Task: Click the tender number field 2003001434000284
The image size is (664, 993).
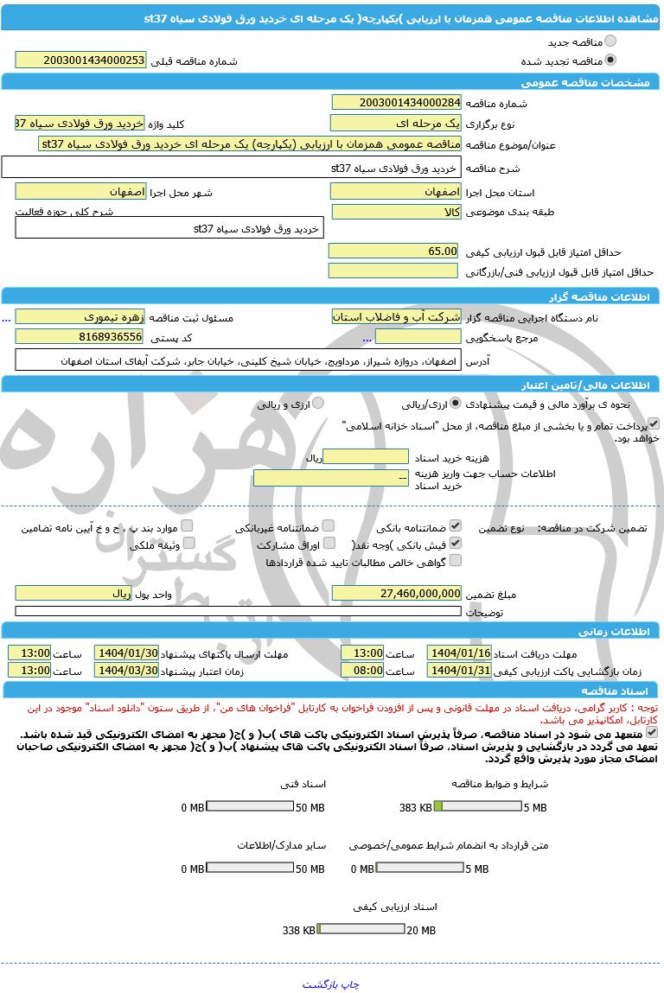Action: (397, 103)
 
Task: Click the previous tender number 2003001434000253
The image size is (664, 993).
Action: (80, 60)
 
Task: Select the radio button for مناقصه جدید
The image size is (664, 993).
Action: (611, 41)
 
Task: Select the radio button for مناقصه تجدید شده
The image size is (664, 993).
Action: (611, 60)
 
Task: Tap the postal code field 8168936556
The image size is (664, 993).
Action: (80, 336)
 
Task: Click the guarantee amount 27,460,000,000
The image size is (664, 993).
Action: (397, 593)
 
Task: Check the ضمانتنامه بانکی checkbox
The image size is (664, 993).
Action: (456, 525)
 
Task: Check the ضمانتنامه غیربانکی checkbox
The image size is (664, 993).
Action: (328, 525)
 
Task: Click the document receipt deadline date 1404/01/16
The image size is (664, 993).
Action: (459, 652)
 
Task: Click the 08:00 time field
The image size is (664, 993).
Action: (362, 670)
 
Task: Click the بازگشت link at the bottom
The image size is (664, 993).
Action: (319, 983)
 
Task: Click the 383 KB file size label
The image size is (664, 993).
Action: (416, 807)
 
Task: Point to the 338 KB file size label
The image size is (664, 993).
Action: (299, 930)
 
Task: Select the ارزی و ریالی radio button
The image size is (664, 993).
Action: (317, 404)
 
